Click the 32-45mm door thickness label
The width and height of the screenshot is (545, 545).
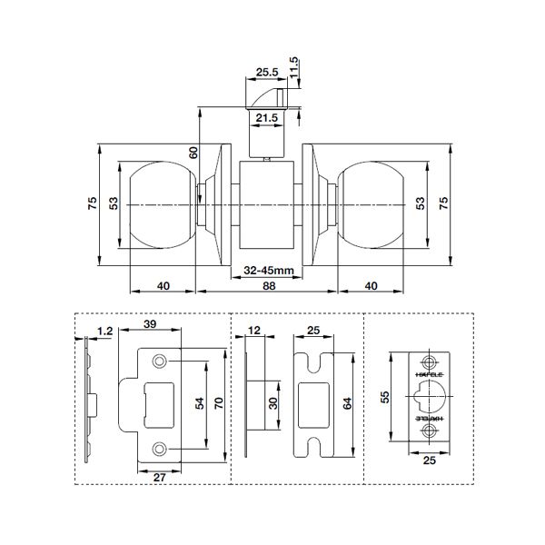[268, 271]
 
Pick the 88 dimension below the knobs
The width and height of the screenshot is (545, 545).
[268, 286]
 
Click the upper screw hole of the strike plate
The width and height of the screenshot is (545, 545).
[160, 362]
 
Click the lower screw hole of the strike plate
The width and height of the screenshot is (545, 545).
[160, 447]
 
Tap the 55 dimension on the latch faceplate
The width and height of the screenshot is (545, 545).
[384, 397]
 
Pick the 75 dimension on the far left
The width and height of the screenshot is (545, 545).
[93, 205]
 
